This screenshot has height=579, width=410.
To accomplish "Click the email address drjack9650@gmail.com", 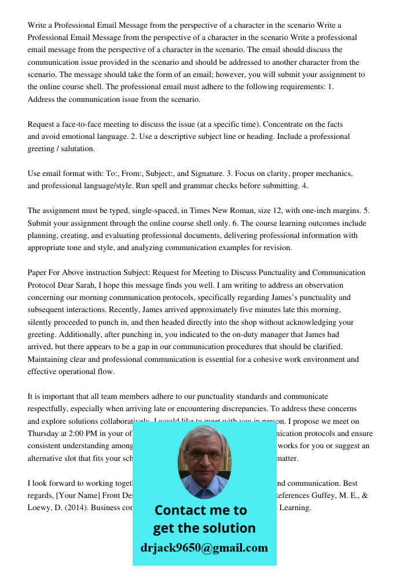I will pyautogui.click(x=204, y=548).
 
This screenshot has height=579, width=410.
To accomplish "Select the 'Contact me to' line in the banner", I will pyautogui.click(x=200, y=510).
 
